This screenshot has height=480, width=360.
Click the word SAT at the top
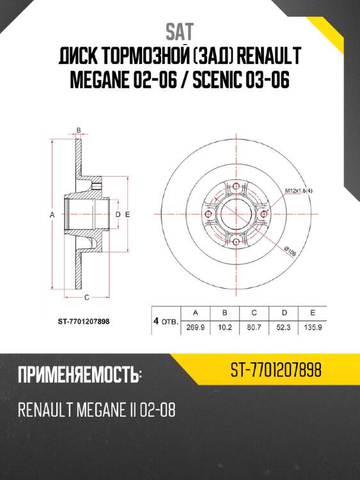click(180, 31)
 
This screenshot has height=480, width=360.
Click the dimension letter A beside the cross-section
click(52, 216)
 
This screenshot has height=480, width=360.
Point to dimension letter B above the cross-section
click(78, 131)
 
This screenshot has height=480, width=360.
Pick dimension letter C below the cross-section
click(86, 297)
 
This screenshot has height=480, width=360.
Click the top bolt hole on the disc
click(236, 187)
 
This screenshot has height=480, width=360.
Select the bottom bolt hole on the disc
click(236, 242)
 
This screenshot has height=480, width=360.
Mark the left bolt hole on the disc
click(208, 214)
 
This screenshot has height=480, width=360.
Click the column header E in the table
click(312, 312)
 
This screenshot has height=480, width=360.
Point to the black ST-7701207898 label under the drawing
click(80, 322)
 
